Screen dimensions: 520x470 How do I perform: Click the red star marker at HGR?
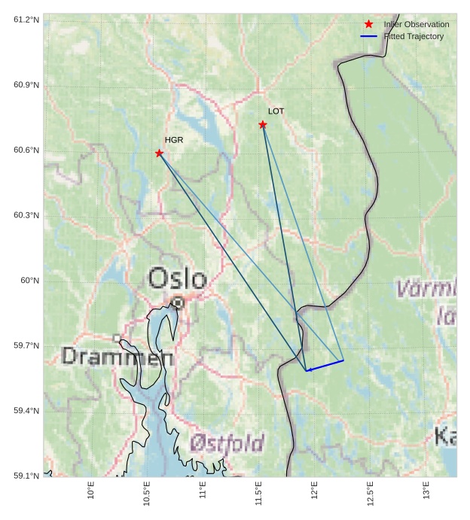(159, 154)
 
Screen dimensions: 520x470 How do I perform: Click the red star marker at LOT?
(263, 124)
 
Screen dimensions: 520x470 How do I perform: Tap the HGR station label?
(174, 140)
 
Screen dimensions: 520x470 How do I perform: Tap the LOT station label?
(276, 111)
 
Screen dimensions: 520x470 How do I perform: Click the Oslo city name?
(177, 278)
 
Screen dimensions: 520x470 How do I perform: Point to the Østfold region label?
(227, 442)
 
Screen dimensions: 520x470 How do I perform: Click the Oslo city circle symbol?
(178, 303)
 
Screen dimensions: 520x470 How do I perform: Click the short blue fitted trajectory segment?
(325, 366)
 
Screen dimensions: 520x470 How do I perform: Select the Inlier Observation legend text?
(416, 24)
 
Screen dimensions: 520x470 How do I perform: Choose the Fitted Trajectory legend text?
(414, 36)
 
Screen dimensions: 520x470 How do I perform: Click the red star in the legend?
(368, 24)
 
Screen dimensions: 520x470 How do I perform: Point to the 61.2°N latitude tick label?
(26, 20)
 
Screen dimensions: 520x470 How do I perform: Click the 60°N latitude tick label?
(29, 281)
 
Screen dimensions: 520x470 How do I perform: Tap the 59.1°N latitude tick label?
(26, 476)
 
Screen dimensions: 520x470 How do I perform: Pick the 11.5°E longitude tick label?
(258, 493)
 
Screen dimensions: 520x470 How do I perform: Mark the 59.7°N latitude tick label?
(26, 345)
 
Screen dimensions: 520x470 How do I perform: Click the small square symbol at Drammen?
(117, 338)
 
